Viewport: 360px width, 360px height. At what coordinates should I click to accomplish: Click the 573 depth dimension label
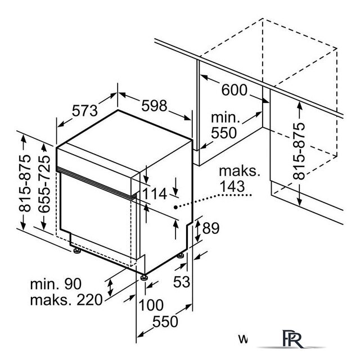[x=85, y=111]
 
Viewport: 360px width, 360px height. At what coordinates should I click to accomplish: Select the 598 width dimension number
[x=154, y=106]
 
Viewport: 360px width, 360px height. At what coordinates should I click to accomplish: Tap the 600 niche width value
[x=235, y=90]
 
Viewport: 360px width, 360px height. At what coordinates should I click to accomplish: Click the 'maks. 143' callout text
[x=240, y=179]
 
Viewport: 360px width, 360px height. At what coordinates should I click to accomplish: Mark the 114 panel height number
[x=155, y=193]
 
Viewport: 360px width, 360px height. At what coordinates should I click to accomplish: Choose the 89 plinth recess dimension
[x=211, y=228]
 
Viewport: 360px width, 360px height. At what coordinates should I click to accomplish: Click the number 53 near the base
[x=182, y=281]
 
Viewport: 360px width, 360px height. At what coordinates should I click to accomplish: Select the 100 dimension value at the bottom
[x=151, y=305]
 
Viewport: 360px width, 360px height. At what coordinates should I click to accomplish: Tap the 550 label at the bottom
[x=165, y=321]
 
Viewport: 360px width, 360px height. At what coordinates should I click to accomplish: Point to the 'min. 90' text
[x=56, y=284]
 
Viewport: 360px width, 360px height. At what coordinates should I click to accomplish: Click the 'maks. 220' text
[x=66, y=300]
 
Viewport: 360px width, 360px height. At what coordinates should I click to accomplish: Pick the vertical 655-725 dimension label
[x=44, y=184]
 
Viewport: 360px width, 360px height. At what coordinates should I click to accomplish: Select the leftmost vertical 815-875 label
[x=25, y=183]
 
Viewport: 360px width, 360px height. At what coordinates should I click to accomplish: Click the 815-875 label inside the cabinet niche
[x=299, y=151]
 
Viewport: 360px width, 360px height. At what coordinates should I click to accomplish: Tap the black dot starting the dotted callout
[x=175, y=208]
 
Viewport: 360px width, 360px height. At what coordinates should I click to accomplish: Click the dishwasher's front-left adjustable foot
[x=77, y=251]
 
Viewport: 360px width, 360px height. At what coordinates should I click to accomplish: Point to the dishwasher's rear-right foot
[x=181, y=255]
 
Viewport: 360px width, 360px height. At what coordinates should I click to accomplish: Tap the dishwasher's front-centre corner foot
[x=144, y=277]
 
